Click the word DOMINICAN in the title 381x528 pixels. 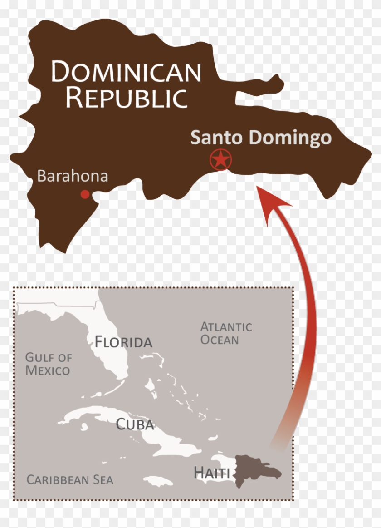pos(126,72)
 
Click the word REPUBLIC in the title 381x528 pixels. pos(126,98)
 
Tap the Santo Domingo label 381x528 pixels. pos(261,138)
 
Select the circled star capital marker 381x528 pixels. pos(221,160)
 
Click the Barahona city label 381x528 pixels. pos(73,176)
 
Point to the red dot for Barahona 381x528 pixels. pos(85,194)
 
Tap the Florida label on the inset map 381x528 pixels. pos(123,342)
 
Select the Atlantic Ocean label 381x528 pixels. pos(226,333)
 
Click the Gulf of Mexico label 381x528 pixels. pos(48,364)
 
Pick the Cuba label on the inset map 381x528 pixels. pos(135,424)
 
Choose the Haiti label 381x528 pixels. pos(211,473)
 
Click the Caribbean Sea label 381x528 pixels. pos(70,479)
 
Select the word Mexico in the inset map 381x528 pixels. pos(48,370)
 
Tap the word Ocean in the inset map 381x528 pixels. pos(220,340)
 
